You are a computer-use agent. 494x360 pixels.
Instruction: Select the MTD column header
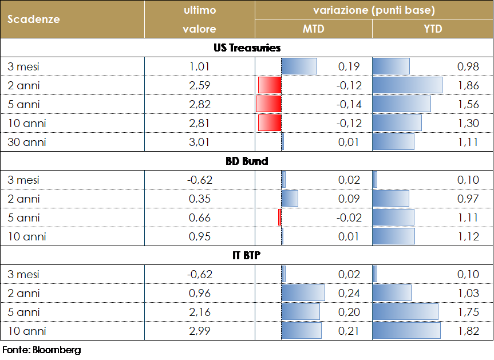[x=313, y=29]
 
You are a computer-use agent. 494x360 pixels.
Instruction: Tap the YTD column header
[x=433, y=29]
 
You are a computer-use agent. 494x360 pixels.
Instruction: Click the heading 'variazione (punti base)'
[x=374, y=10]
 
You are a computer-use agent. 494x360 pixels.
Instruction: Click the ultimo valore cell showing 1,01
[x=200, y=66]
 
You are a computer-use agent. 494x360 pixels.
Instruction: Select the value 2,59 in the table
[x=200, y=85]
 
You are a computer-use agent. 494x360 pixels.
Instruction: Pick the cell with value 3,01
[x=200, y=142]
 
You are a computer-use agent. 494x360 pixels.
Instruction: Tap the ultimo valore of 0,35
[x=200, y=199]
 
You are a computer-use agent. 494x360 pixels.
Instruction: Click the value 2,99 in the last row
[x=200, y=331]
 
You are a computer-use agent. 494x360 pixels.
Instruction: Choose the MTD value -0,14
[x=349, y=104]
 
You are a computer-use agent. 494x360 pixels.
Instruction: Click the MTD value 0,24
[x=349, y=293]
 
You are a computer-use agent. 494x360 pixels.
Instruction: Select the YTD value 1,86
[x=468, y=85]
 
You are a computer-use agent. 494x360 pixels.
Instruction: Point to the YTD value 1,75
[x=468, y=312]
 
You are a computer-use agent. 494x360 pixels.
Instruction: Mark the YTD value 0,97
[x=468, y=199]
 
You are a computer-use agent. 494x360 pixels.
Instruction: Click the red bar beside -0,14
[x=268, y=104]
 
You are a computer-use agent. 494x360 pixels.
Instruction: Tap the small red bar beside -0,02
[x=280, y=217]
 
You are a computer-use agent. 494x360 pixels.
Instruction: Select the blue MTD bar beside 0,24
[x=303, y=293]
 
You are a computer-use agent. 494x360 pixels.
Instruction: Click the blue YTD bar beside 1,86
[x=408, y=85]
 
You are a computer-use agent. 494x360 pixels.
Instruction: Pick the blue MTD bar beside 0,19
[x=299, y=66]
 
